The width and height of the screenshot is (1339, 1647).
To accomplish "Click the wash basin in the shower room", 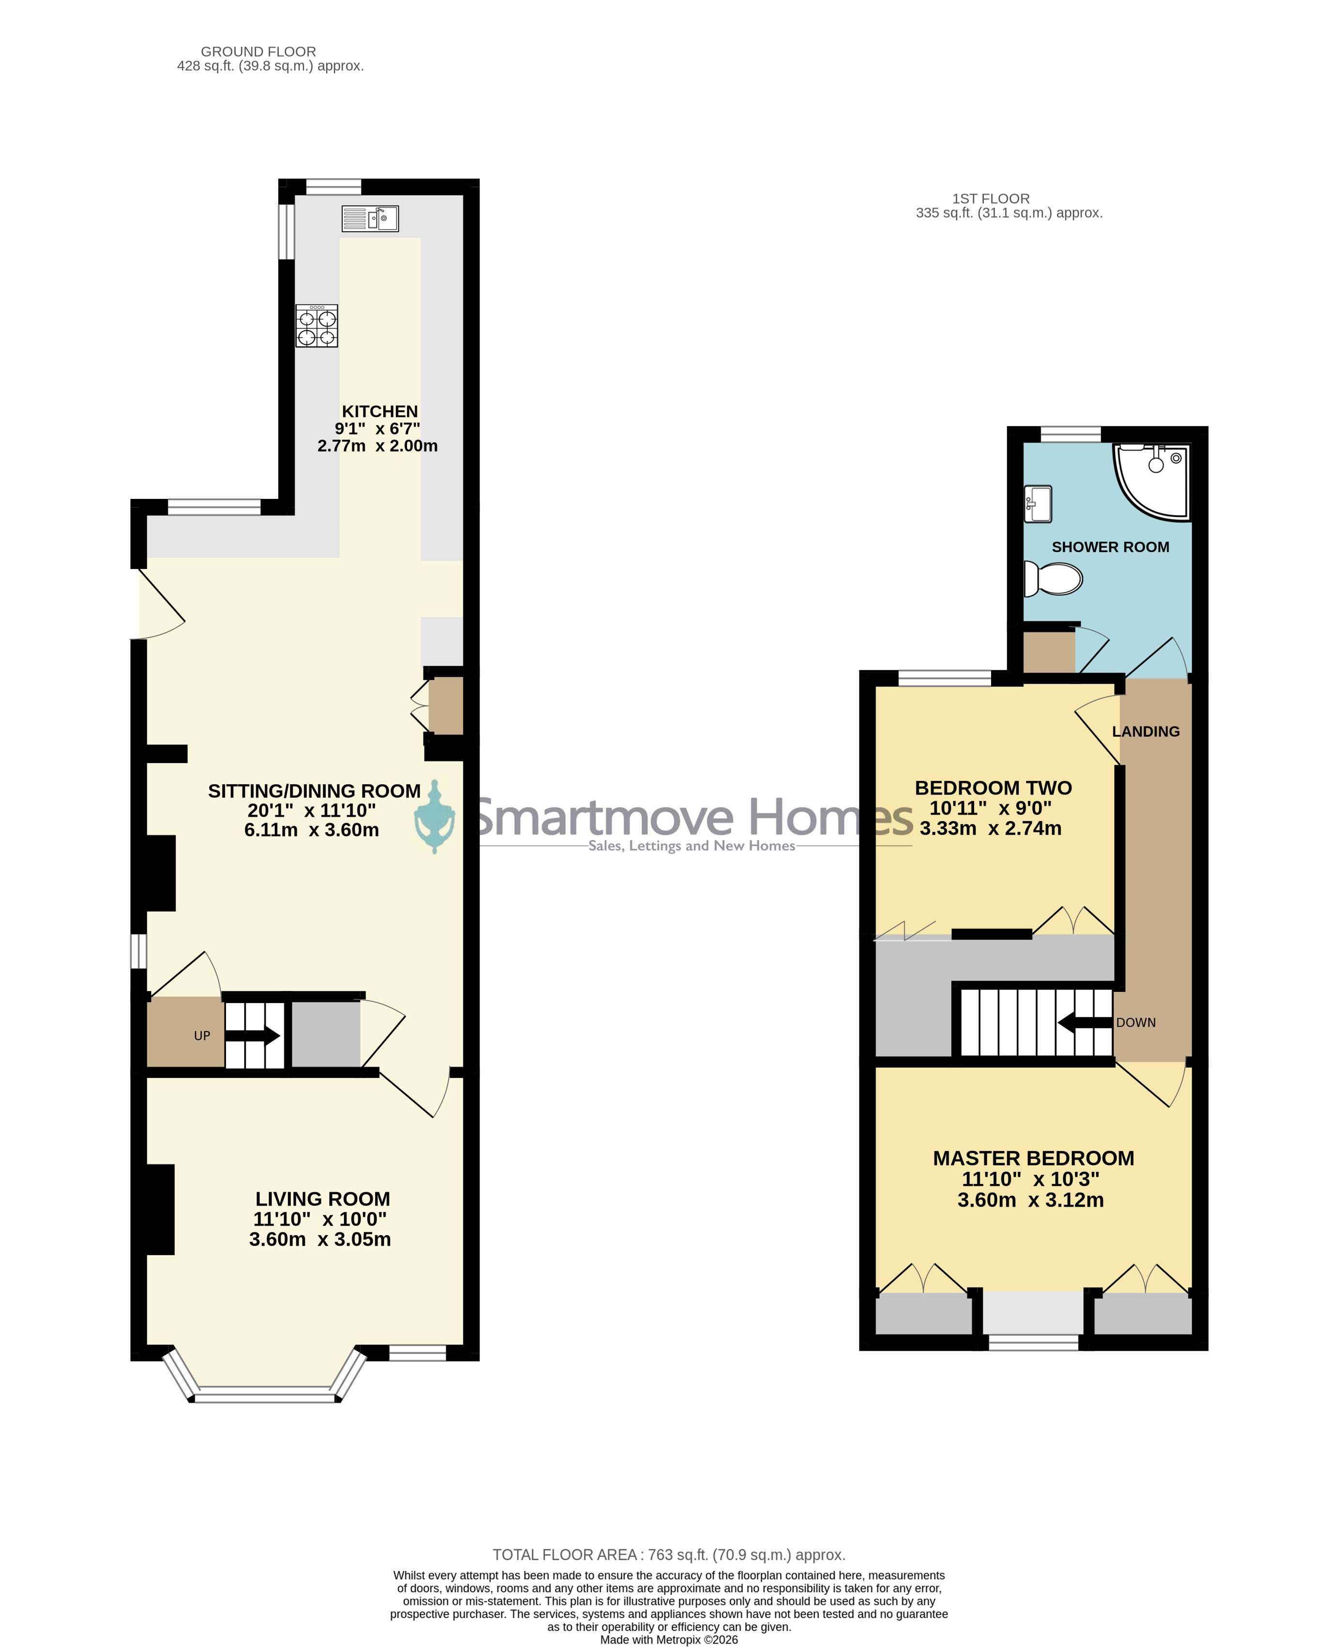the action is click(1038, 504).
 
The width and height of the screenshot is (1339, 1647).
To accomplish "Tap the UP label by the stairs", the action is click(202, 1035).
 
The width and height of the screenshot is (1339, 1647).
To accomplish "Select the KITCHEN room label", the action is click(379, 412).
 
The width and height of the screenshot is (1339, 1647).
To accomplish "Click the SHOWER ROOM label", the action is click(1110, 547).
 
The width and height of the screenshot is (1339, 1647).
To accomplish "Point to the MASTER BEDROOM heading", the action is click(1034, 1158).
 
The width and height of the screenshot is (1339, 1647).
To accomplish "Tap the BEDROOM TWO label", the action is click(993, 788).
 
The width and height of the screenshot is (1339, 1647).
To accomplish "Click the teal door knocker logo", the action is click(434, 817).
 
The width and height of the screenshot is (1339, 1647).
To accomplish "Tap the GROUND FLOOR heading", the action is click(258, 52).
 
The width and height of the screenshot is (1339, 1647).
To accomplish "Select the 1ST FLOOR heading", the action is click(991, 199).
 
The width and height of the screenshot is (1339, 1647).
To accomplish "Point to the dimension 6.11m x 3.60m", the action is click(312, 830).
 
